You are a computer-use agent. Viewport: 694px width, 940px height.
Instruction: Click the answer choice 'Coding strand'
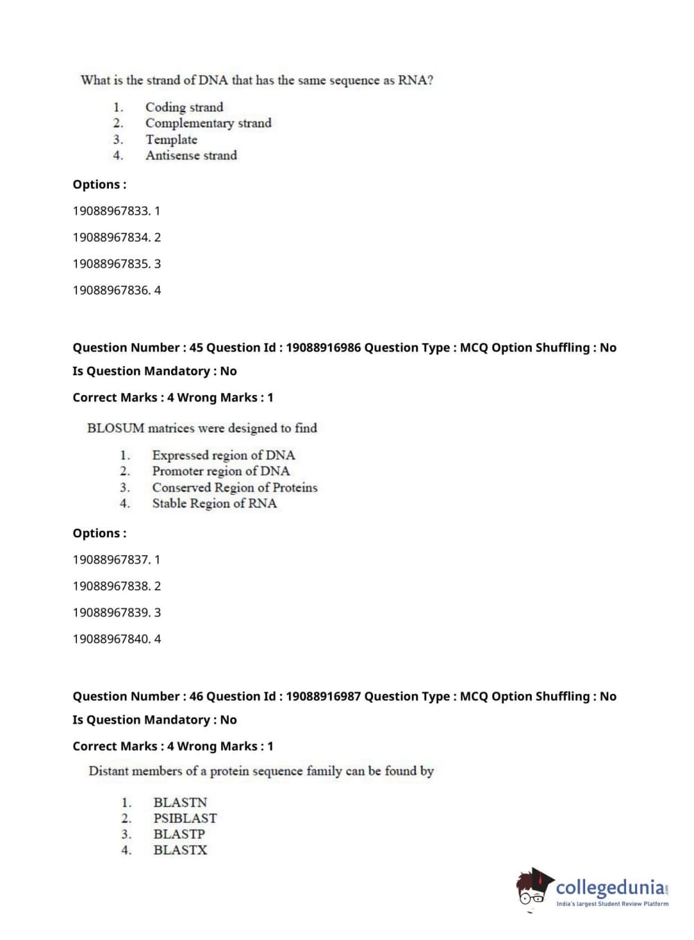184,107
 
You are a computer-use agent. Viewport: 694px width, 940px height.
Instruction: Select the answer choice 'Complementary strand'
208,123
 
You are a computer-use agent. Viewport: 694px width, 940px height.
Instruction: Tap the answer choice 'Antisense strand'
191,156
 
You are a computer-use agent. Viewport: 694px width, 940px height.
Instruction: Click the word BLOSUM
116,428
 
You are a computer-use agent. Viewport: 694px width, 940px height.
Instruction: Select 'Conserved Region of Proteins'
234,488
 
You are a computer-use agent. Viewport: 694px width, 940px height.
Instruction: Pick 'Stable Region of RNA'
214,504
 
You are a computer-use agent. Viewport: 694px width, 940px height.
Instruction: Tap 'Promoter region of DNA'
220,471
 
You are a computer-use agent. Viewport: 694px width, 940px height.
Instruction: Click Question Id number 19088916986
323,348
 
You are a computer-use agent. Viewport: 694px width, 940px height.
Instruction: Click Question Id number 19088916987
323,697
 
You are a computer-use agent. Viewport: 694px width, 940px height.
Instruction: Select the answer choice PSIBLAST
185,819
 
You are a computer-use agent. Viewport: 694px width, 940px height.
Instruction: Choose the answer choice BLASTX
180,851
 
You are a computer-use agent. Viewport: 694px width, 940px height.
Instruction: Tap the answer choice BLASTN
180,803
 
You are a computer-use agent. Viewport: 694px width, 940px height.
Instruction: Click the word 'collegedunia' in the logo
609,887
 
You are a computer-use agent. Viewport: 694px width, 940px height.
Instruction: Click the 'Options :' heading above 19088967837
99,534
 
